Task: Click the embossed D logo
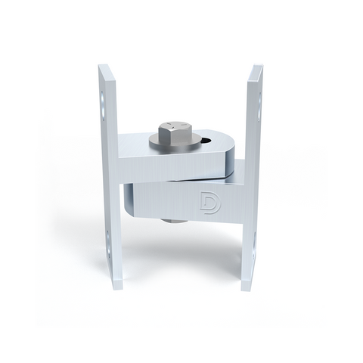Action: click(210, 203)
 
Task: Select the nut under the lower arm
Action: click(173, 221)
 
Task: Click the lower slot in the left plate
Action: click(107, 244)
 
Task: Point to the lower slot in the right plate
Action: click(254, 245)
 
